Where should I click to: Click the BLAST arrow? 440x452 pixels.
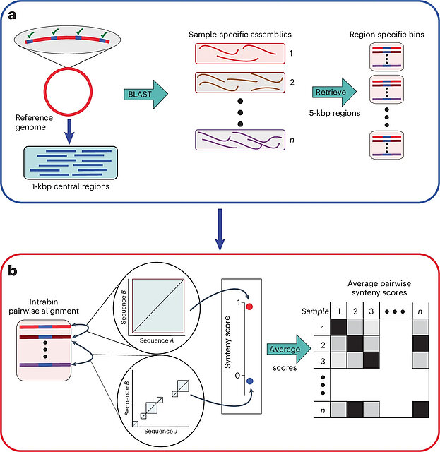click(x=146, y=94)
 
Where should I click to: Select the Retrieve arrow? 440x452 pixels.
click(x=335, y=92)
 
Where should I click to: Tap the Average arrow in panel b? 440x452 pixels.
click(x=289, y=349)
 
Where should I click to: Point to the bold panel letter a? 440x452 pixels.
click(x=12, y=15)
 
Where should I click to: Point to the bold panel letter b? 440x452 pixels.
click(x=13, y=270)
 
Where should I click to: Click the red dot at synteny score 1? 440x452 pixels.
click(x=250, y=307)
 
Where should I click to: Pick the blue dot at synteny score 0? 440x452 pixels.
click(x=250, y=381)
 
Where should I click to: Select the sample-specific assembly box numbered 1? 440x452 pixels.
click(x=240, y=54)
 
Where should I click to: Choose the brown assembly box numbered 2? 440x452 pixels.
click(x=240, y=83)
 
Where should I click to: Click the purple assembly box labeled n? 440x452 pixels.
click(x=240, y=140)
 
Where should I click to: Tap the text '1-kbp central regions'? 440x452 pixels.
click(x=71, y=186)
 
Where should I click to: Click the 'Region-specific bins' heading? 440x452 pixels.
click(x=386, y=35)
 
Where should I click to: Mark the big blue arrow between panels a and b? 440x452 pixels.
click(x=220, y=230)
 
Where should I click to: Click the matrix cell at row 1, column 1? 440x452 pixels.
click(x=338, y=327)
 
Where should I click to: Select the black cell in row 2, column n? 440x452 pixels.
click(x=421, y=344)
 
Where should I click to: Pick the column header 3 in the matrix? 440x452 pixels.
click(x=371, y=311)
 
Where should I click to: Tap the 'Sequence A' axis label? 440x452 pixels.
click(x=157, y=340)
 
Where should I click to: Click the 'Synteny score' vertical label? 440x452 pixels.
click(x=227, y=342)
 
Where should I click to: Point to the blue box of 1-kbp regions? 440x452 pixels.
click(x=71, y=163)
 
